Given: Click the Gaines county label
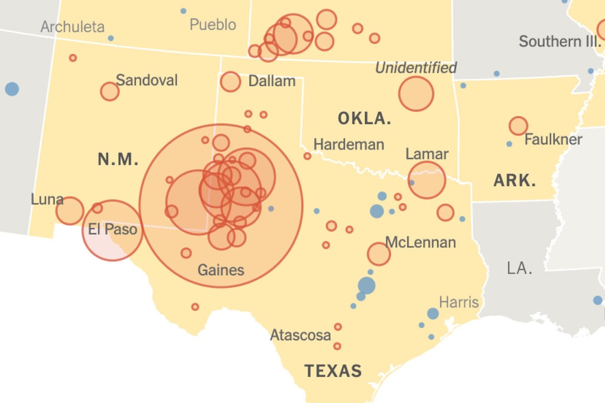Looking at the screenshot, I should pyautogui.click(x=220, y=270).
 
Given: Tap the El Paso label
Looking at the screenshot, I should pyautogui.click(x=113, y=229).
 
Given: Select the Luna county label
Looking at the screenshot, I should pyautogui.click(x=47, y=199).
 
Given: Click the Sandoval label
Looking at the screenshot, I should pyautogui.click(x=147, y=80).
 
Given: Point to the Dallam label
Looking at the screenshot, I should pyautogui.click(x=272, y=81).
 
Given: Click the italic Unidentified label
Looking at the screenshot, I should pyautogui.click(x=416, y=68).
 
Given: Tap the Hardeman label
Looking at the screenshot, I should pyautogui.click(x=349, y=144).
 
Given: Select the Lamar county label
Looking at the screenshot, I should pyautogui.click(x=427, y=154).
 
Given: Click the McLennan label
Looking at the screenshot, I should pyautogui.click(x=420, y=242).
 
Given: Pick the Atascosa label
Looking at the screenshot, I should pyautogui.click(x=300, y=335).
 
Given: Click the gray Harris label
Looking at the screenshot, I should pyautogui.click(x=458, y=302).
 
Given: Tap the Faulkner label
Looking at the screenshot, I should pyautogui.click(x=553, y=140).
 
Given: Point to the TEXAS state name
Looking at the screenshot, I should pyautogui.click(x=333, y=371).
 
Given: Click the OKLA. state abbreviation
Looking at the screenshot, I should pyautogui.click(x=365, y=118).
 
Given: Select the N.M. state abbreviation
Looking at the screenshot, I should pyautogui.click(x=118, y=159).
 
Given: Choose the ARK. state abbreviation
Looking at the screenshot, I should pyautogui.click(x=515, y=181).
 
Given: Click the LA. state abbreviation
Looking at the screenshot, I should pyautogui.click(x=519, y=268).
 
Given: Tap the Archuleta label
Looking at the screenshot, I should pyautogui.click(x=73, y=27).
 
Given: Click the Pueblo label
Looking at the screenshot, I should pyautogui.click(x=213, y=25).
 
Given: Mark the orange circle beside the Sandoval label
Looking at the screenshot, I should pyautogui.click(x=110, y=92).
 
